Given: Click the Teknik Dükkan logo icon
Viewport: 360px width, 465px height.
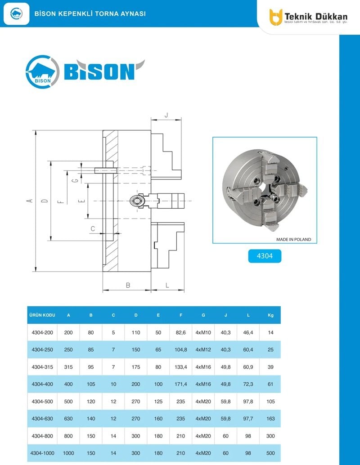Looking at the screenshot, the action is [x=276, y=17].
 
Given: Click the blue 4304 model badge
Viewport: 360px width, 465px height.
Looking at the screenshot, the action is [x=265, y=255].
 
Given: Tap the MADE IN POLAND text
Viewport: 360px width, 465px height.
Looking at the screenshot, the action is [x=293, y=239].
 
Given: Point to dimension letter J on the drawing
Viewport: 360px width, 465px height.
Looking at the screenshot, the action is [x=166, y=115].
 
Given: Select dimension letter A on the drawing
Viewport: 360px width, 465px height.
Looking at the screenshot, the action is [x=29, y=201].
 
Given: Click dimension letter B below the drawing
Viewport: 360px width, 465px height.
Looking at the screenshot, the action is [x=128, y=285].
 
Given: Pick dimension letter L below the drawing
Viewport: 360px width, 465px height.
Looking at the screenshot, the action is [x=167, y=285].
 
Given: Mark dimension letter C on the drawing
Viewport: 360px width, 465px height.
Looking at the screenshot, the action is [x=93, y=228].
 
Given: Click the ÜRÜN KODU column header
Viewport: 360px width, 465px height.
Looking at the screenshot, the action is [x=42, y=315].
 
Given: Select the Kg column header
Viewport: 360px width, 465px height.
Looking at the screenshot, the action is [x=270, y=315].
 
